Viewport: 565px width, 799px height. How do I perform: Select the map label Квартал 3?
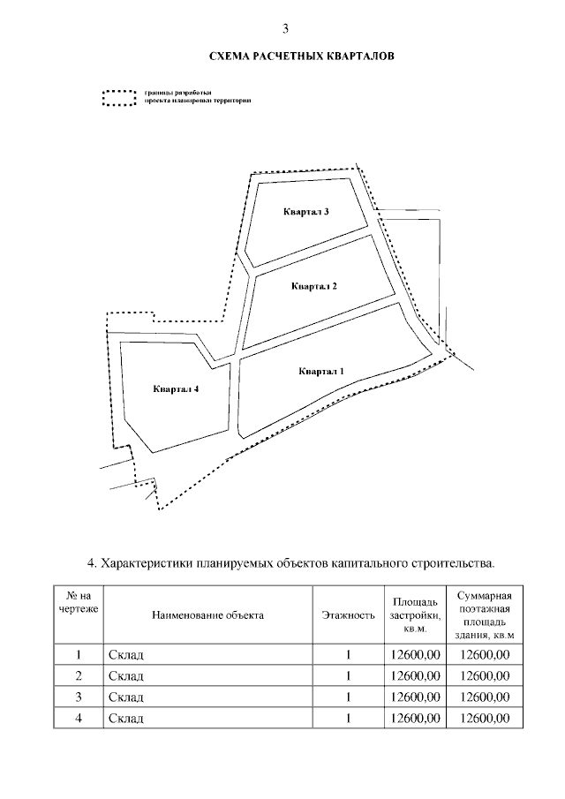click(306, 212)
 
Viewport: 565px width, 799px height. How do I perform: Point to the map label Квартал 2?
click(313, 286)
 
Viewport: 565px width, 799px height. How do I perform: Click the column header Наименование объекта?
click(207, 615)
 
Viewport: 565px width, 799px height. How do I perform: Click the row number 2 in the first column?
click(79, 676)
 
